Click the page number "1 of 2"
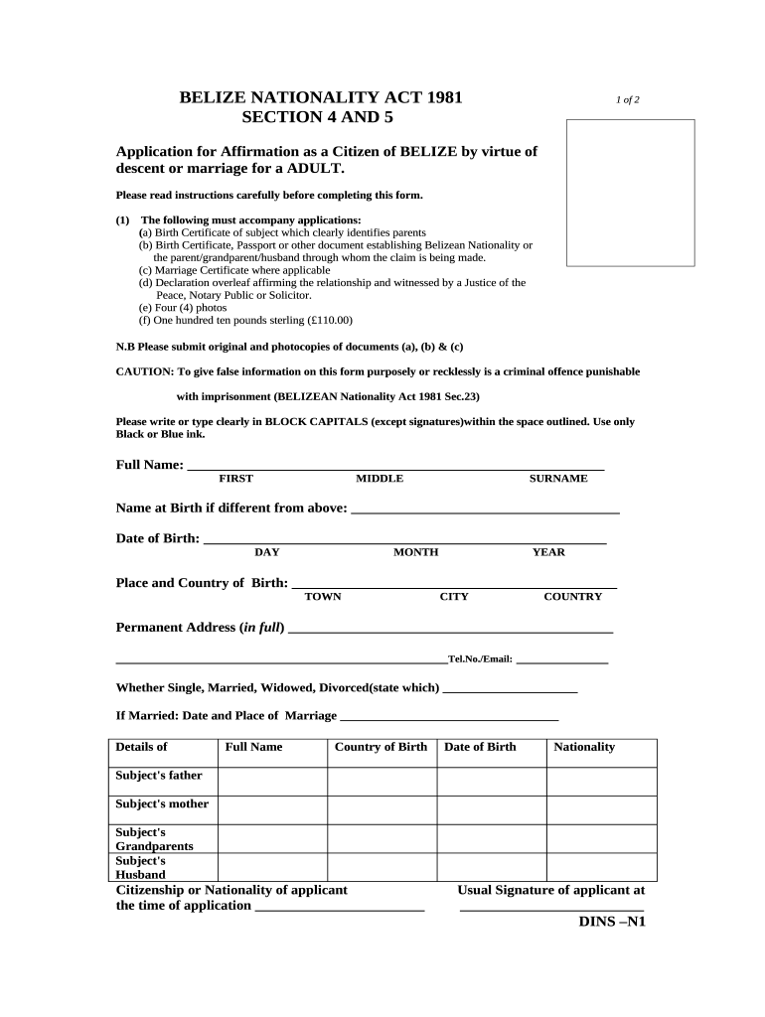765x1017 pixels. (627, 100)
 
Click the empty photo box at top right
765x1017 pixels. (630, 193)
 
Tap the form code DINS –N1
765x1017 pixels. (612, 921)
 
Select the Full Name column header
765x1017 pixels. (253, 747)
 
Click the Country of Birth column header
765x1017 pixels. (382, 747)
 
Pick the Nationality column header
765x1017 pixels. (584, 747)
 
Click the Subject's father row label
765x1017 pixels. (159, 776)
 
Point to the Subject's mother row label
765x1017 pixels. (162, 803)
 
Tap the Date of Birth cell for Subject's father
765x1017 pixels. (491, 782)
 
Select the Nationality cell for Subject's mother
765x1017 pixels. (601, 809)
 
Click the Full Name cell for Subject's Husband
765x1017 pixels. (272, 867)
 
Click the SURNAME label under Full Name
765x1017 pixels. (557, 479)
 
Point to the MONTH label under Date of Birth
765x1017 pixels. (415, 552)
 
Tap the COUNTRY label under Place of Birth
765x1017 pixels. (572, 597)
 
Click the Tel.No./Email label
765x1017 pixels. (480, 659)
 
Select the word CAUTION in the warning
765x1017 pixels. (144, 371)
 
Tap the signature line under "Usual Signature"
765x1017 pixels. (551, 907)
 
